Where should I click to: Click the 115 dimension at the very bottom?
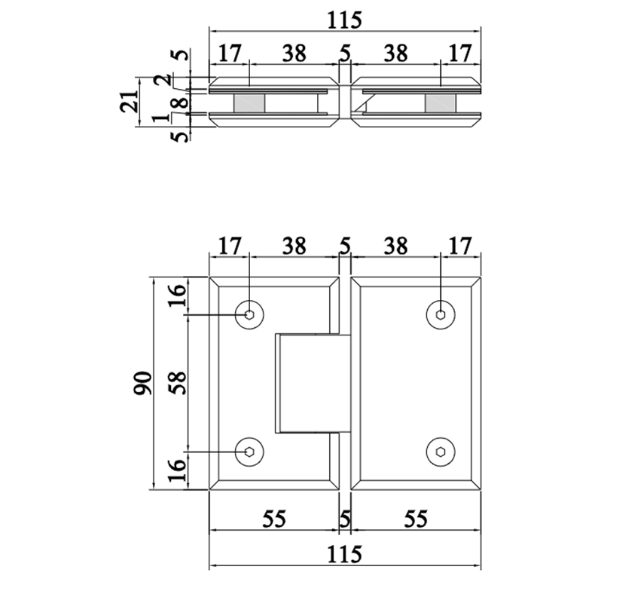click(x=345, y=554)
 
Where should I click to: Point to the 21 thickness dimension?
click(x=131, y=100)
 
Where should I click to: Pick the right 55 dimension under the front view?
click(x=416, y=519)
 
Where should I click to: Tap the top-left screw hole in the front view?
click(x=249, y=314)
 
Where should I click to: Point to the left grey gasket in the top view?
click(x=248, y=103)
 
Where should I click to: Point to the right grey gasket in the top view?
click(x=441, y=103)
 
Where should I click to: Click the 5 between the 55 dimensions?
click(x=345, y=519)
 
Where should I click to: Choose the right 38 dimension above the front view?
click(x=395, y=246)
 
